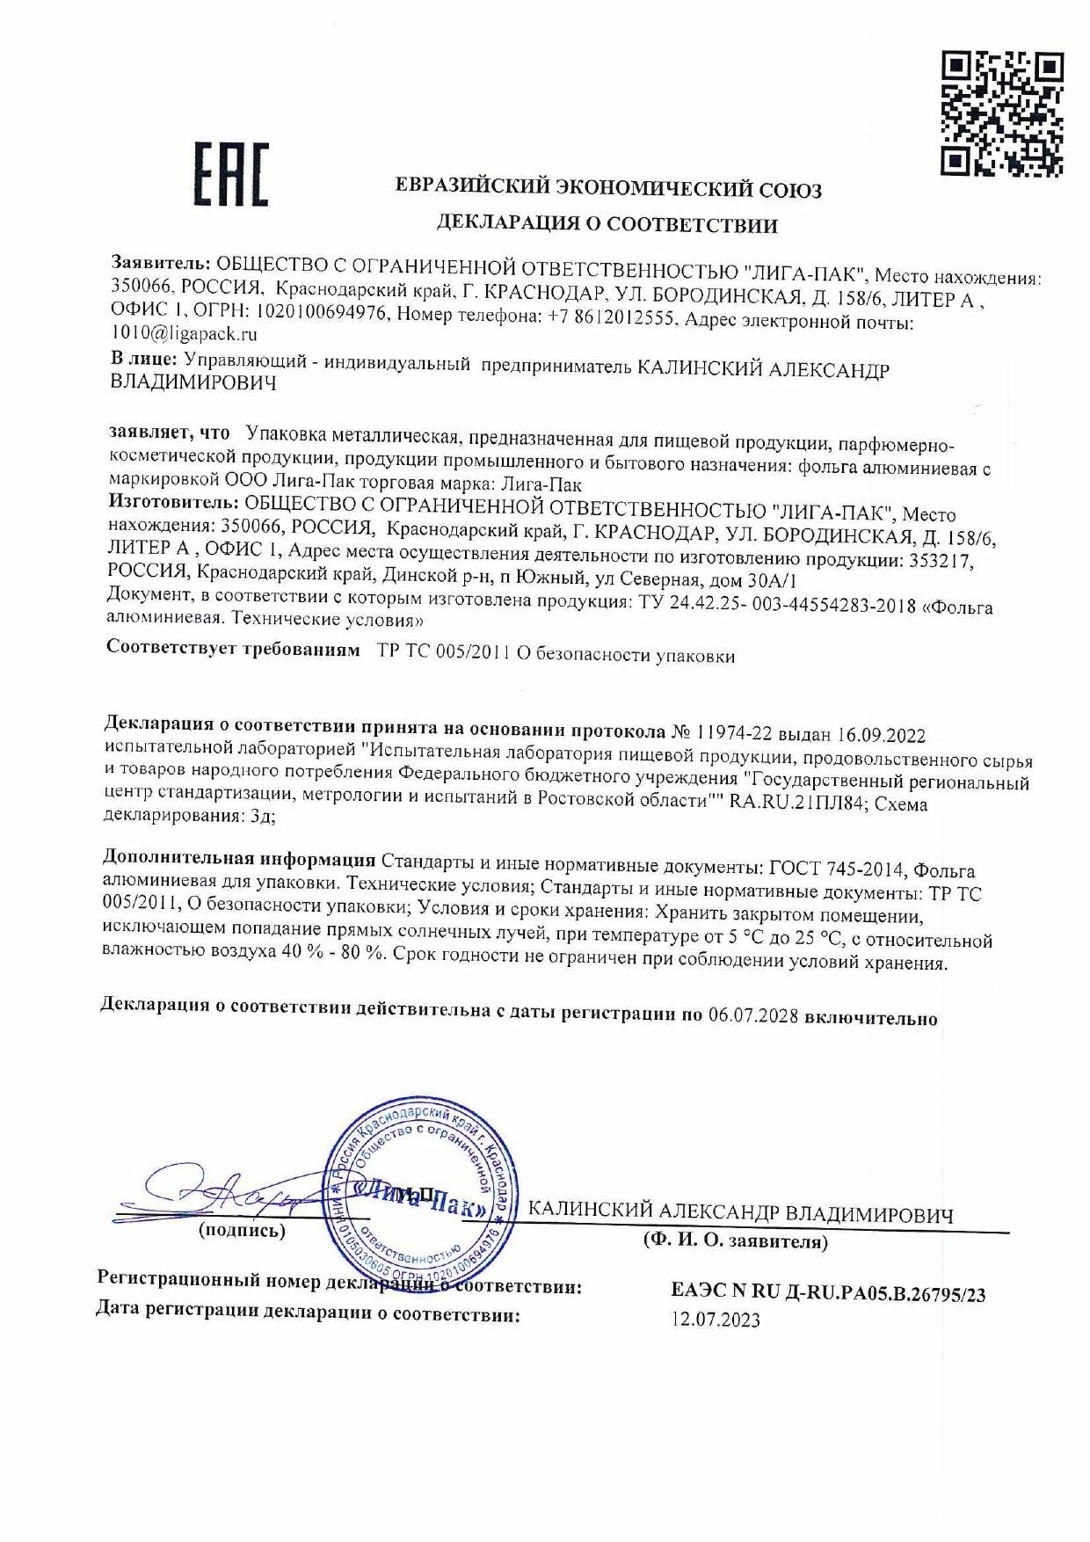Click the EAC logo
coord(230,175)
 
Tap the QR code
coord(1002,113)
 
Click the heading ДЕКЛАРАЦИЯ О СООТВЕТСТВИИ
coord(607,225)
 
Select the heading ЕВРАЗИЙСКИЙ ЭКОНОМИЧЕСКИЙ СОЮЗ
coord(608,187)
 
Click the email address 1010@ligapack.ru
coord(184,333)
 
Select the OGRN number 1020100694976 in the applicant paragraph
coord(322,313)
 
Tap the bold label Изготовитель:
coord(172,502)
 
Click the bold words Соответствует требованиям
coord(233,649)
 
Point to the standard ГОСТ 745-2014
coord(836,869)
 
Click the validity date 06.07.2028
coord(753,1015)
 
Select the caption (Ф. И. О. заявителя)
coord(735,1241)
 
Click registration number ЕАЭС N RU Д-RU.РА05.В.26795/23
coord(827,1292)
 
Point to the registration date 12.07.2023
coord(716,1320)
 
